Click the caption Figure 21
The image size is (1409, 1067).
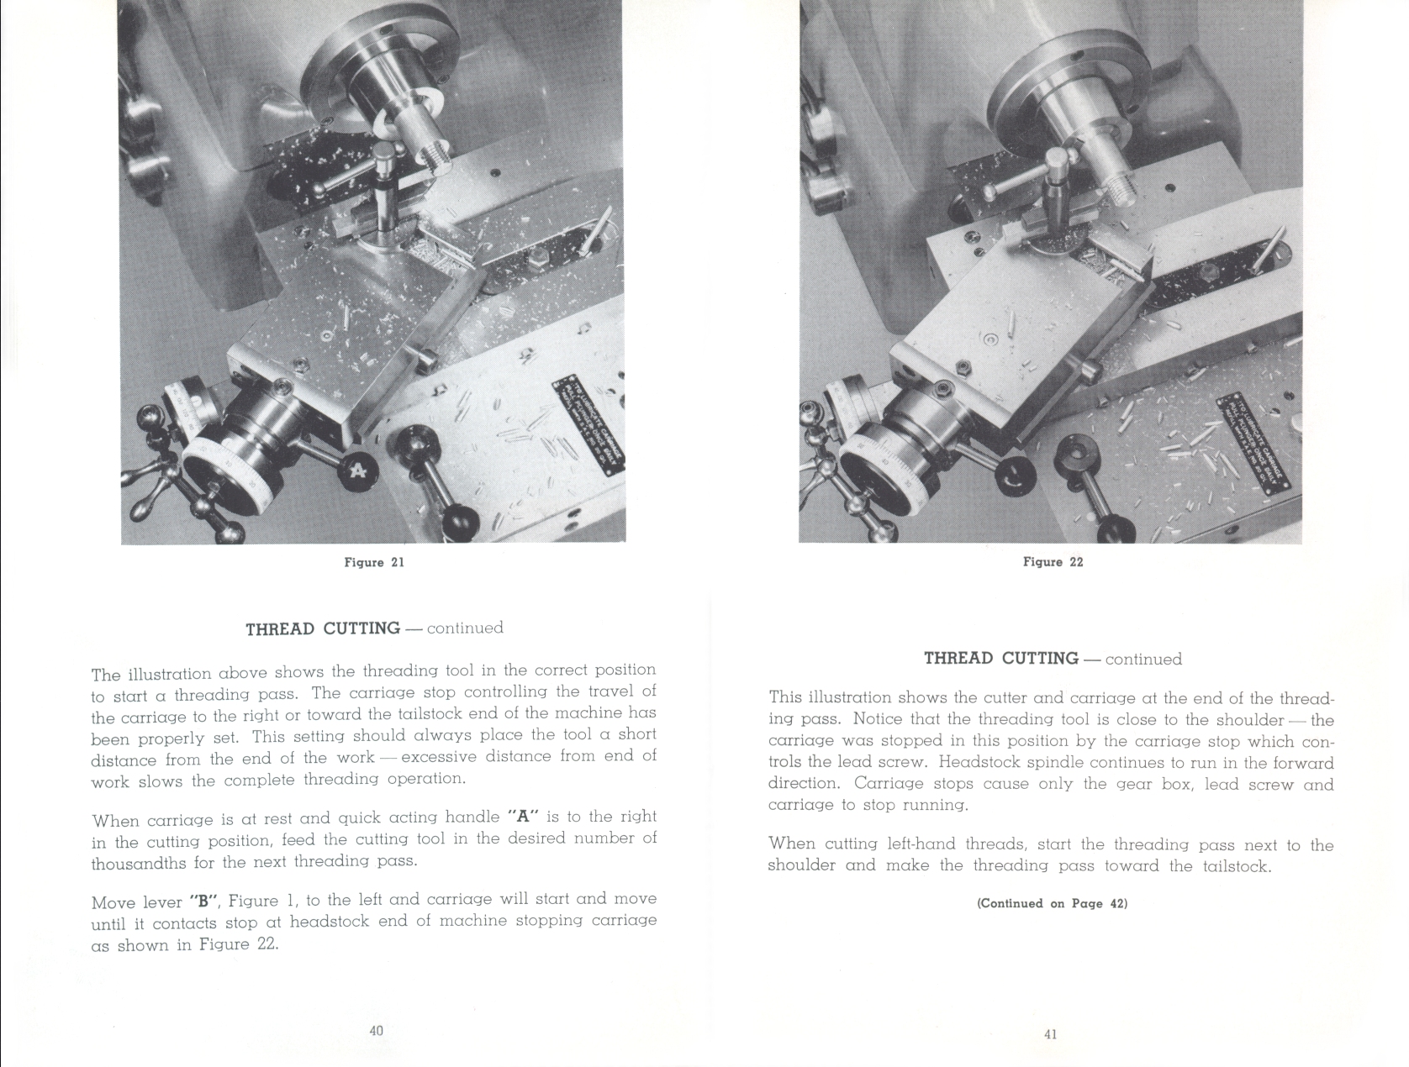(x=374, y=562)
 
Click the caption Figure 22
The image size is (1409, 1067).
(x=1053, y=562)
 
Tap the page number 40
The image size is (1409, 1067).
(x=376, y=1030)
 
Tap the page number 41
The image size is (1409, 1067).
(x=1050, y=1034)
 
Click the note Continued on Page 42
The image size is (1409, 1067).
(x=1052, y=903)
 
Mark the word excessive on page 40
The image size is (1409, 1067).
(x=440, y=756)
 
